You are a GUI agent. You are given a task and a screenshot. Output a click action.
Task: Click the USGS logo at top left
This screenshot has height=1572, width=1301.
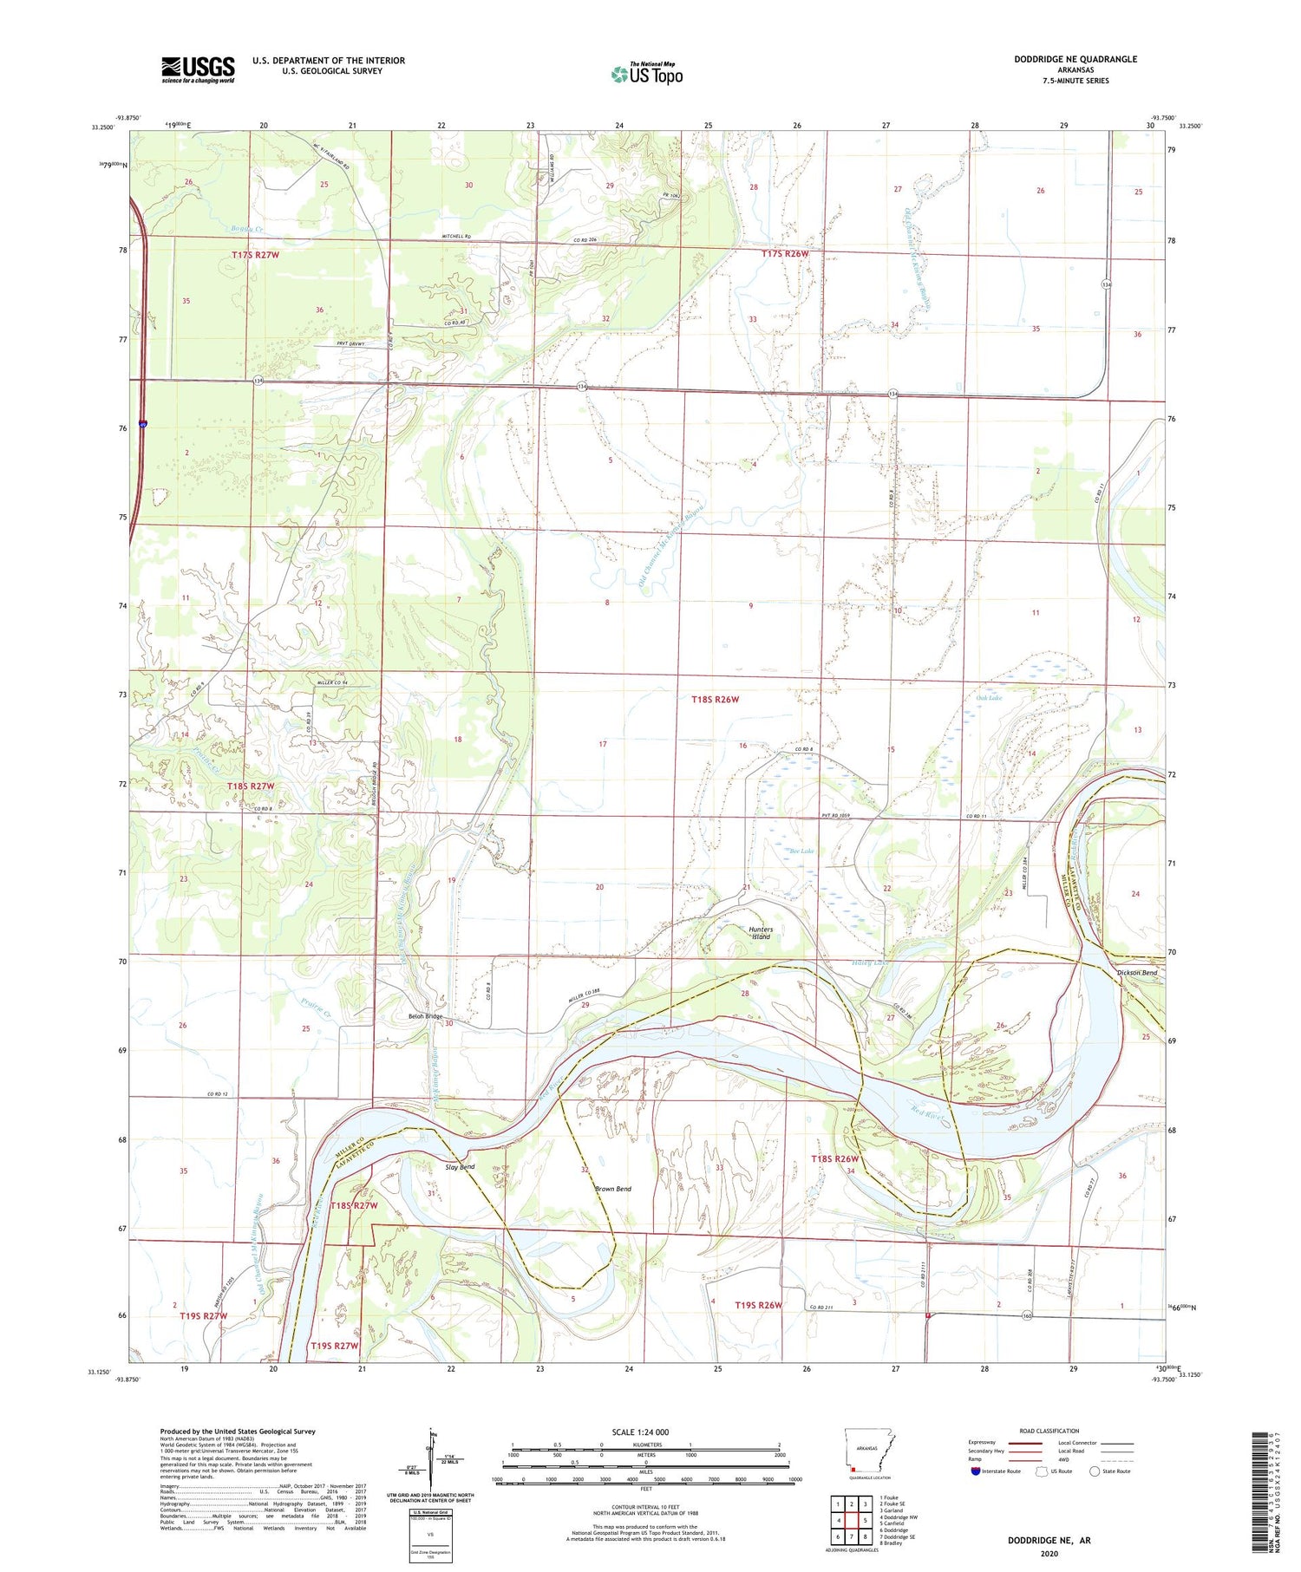(x=198, y=69)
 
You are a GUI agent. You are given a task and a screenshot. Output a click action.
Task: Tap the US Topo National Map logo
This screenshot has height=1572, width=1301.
(x=646, y=74)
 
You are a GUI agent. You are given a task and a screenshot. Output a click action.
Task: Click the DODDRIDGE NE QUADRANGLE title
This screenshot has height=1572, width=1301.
(x=1075, y=59)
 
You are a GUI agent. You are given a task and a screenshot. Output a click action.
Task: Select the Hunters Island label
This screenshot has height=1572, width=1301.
(x=760, y=933)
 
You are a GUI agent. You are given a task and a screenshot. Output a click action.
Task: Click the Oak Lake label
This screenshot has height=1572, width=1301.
(x=989, y=698)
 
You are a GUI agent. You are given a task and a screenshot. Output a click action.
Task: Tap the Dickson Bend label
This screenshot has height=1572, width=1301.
(x=1136, y=973)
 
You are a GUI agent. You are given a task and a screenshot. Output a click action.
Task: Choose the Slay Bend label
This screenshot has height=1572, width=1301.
(x=460, y=1167)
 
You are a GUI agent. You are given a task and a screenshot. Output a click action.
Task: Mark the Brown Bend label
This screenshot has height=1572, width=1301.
(x=612, y=1189)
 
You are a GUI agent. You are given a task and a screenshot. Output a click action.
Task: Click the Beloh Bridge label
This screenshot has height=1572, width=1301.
(x=425, y=1016)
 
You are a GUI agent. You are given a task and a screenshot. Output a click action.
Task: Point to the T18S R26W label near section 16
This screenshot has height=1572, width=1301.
(x=715, y=699)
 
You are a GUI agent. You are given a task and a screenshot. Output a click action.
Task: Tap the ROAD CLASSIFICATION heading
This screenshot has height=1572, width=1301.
(x=1049, y=1431)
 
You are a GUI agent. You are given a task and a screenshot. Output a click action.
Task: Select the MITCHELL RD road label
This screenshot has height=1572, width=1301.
(x=455, y=236)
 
